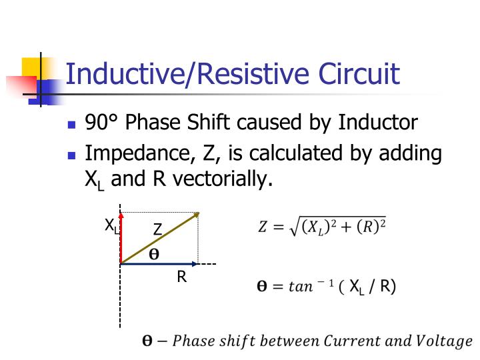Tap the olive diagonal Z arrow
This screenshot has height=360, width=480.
pyautogui.click(x=160, y=239)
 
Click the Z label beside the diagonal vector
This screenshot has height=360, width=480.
pyautogui.click(x=157, y=229)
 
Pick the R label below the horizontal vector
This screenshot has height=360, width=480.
pyautogui.click(x=181, y=277)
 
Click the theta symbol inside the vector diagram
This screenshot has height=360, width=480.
pyautogui.click(x=154, y=254)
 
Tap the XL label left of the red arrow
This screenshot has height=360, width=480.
pyautogui.click(x=111, y=226)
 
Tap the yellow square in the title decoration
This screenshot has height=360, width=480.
pyautogui.click(x=32, y=67)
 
